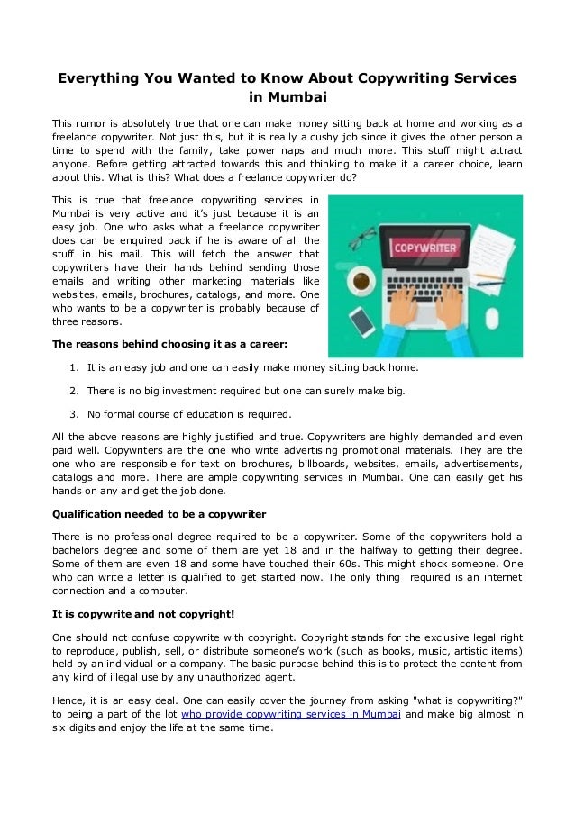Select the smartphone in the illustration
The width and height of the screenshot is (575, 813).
(361, 320)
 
